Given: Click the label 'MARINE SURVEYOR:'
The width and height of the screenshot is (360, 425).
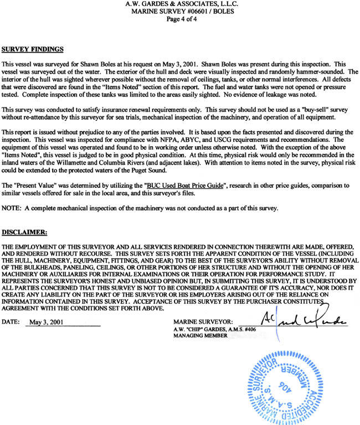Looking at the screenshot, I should point(203,322).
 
